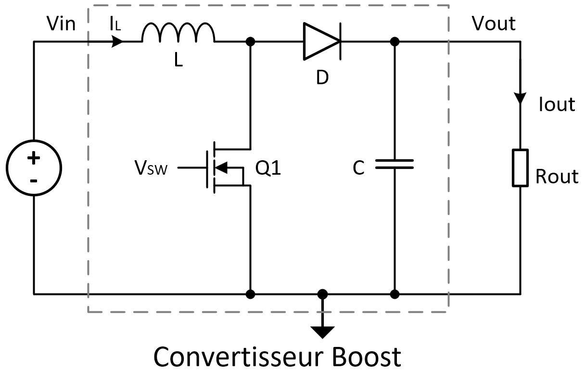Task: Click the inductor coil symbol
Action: (x=178, y=34)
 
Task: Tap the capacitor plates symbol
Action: (x=394, y=164)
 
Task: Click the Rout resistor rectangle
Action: (x=520, y=167)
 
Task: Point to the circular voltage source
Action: (x=34, y=168)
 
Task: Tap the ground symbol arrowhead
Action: (x=322, y=332)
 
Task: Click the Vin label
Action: (x=61, y=24)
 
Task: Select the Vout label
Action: (x=493, y=23)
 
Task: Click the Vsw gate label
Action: (x=151, y=168)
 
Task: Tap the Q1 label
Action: (x=268, y=168)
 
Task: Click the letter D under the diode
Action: (x=322, y=77)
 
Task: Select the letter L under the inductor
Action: (x=178, y=61)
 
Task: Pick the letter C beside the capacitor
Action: (x=358, y=168)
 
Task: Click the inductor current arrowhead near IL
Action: (x=117, y=42)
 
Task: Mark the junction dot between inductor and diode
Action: (x=250, y=42)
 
